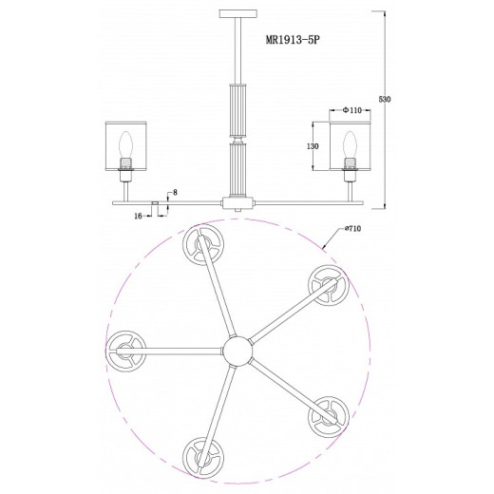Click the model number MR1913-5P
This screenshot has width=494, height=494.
[x=293, y=40]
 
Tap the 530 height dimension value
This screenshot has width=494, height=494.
[x=385, y=99]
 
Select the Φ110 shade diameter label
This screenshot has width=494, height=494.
[x=351, y=110]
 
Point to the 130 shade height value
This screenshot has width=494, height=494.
[x=313, y=146]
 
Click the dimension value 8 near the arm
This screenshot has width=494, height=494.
[x=175, y=192]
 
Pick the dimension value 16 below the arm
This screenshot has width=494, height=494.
[x=138, y=217]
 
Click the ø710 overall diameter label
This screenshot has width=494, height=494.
[x=351, y=228]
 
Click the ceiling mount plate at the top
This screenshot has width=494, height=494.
[x=238, y=13]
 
